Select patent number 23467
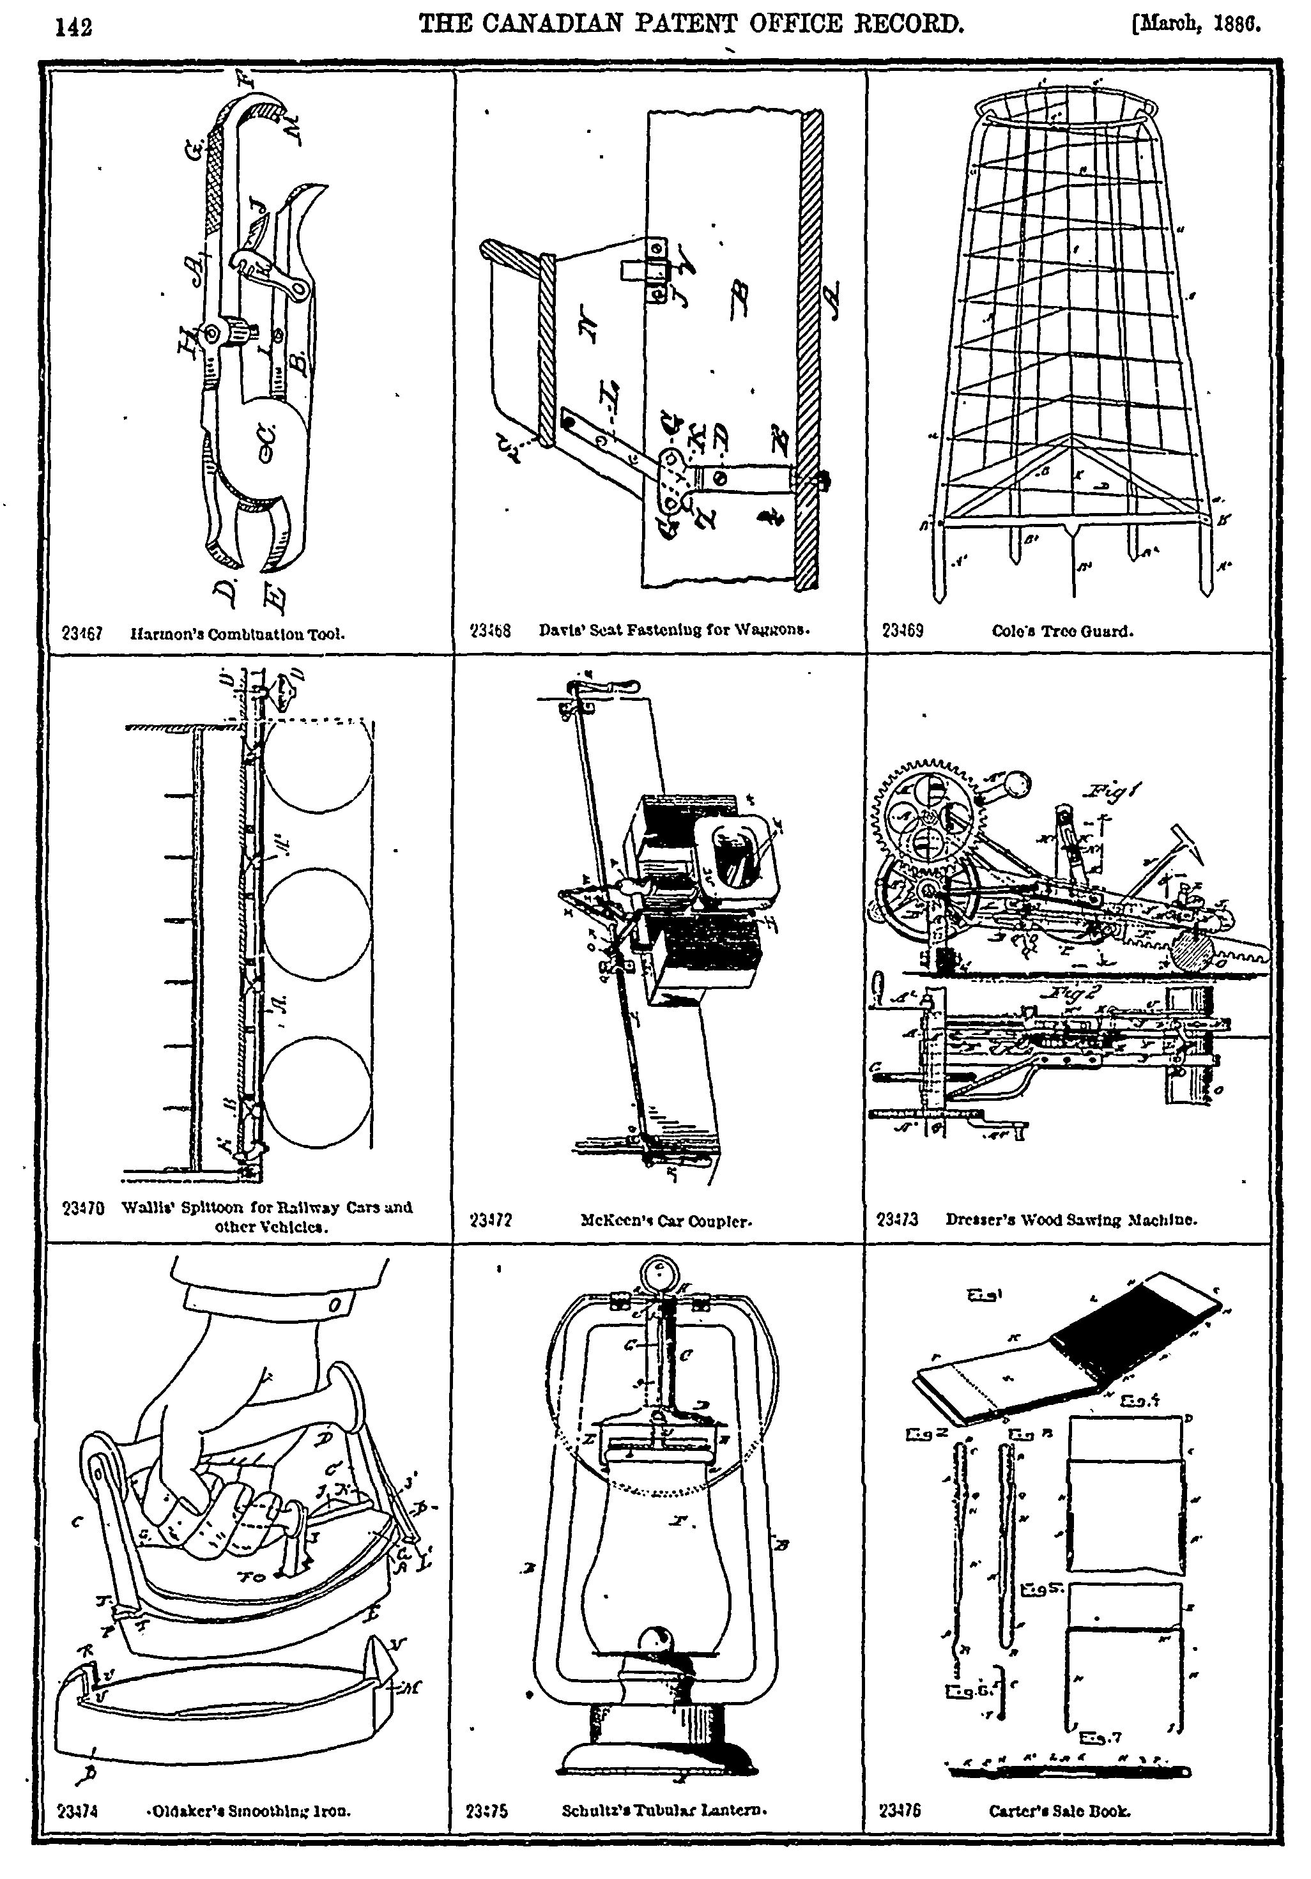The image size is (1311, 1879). [x=82, y=632]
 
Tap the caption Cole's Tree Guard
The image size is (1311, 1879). [x=1062, y=631]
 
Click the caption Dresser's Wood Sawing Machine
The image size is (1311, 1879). [x=1071, y=1220]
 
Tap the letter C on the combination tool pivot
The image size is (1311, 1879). [x=271, y=443]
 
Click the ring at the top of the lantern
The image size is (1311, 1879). [x=658, y=1274]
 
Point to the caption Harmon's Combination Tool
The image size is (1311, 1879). [x=237, y=633]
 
